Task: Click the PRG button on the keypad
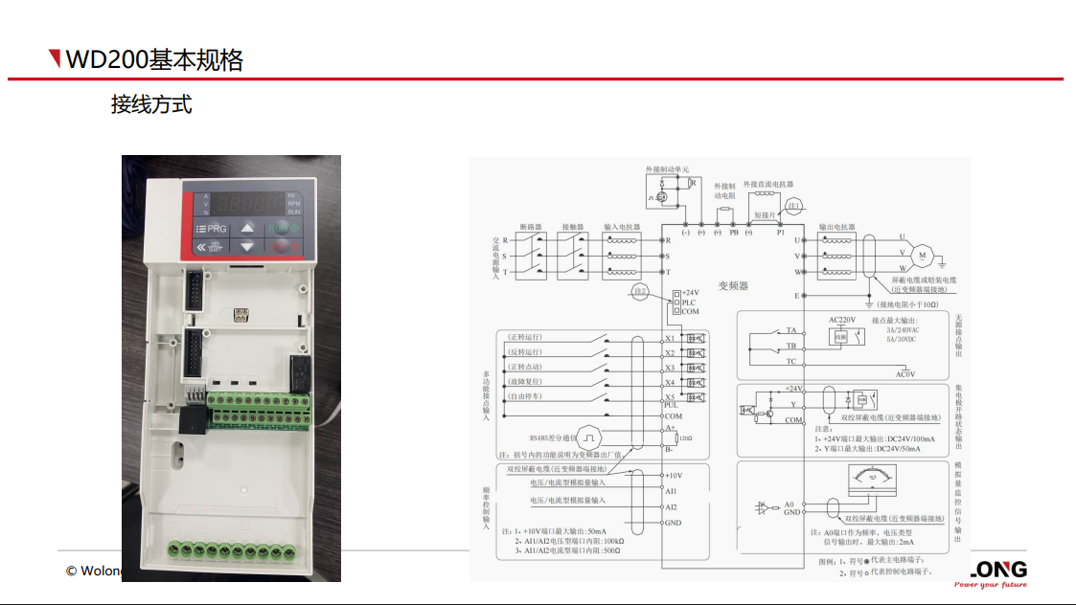[212, 229]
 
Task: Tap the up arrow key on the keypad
[247, 228]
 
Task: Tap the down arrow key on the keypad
[247, 247]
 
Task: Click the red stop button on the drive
[282, 247]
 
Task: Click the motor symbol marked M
[923, 255]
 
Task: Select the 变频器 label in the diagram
[733, 285]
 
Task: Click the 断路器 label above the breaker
[531, 227]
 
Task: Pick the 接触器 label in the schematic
[574, 227]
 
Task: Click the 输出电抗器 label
[836, 227]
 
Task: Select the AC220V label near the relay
[841, 319]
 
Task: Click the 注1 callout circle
[794, 206]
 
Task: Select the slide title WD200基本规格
[154, 60]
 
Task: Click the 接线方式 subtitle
[151, 104]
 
